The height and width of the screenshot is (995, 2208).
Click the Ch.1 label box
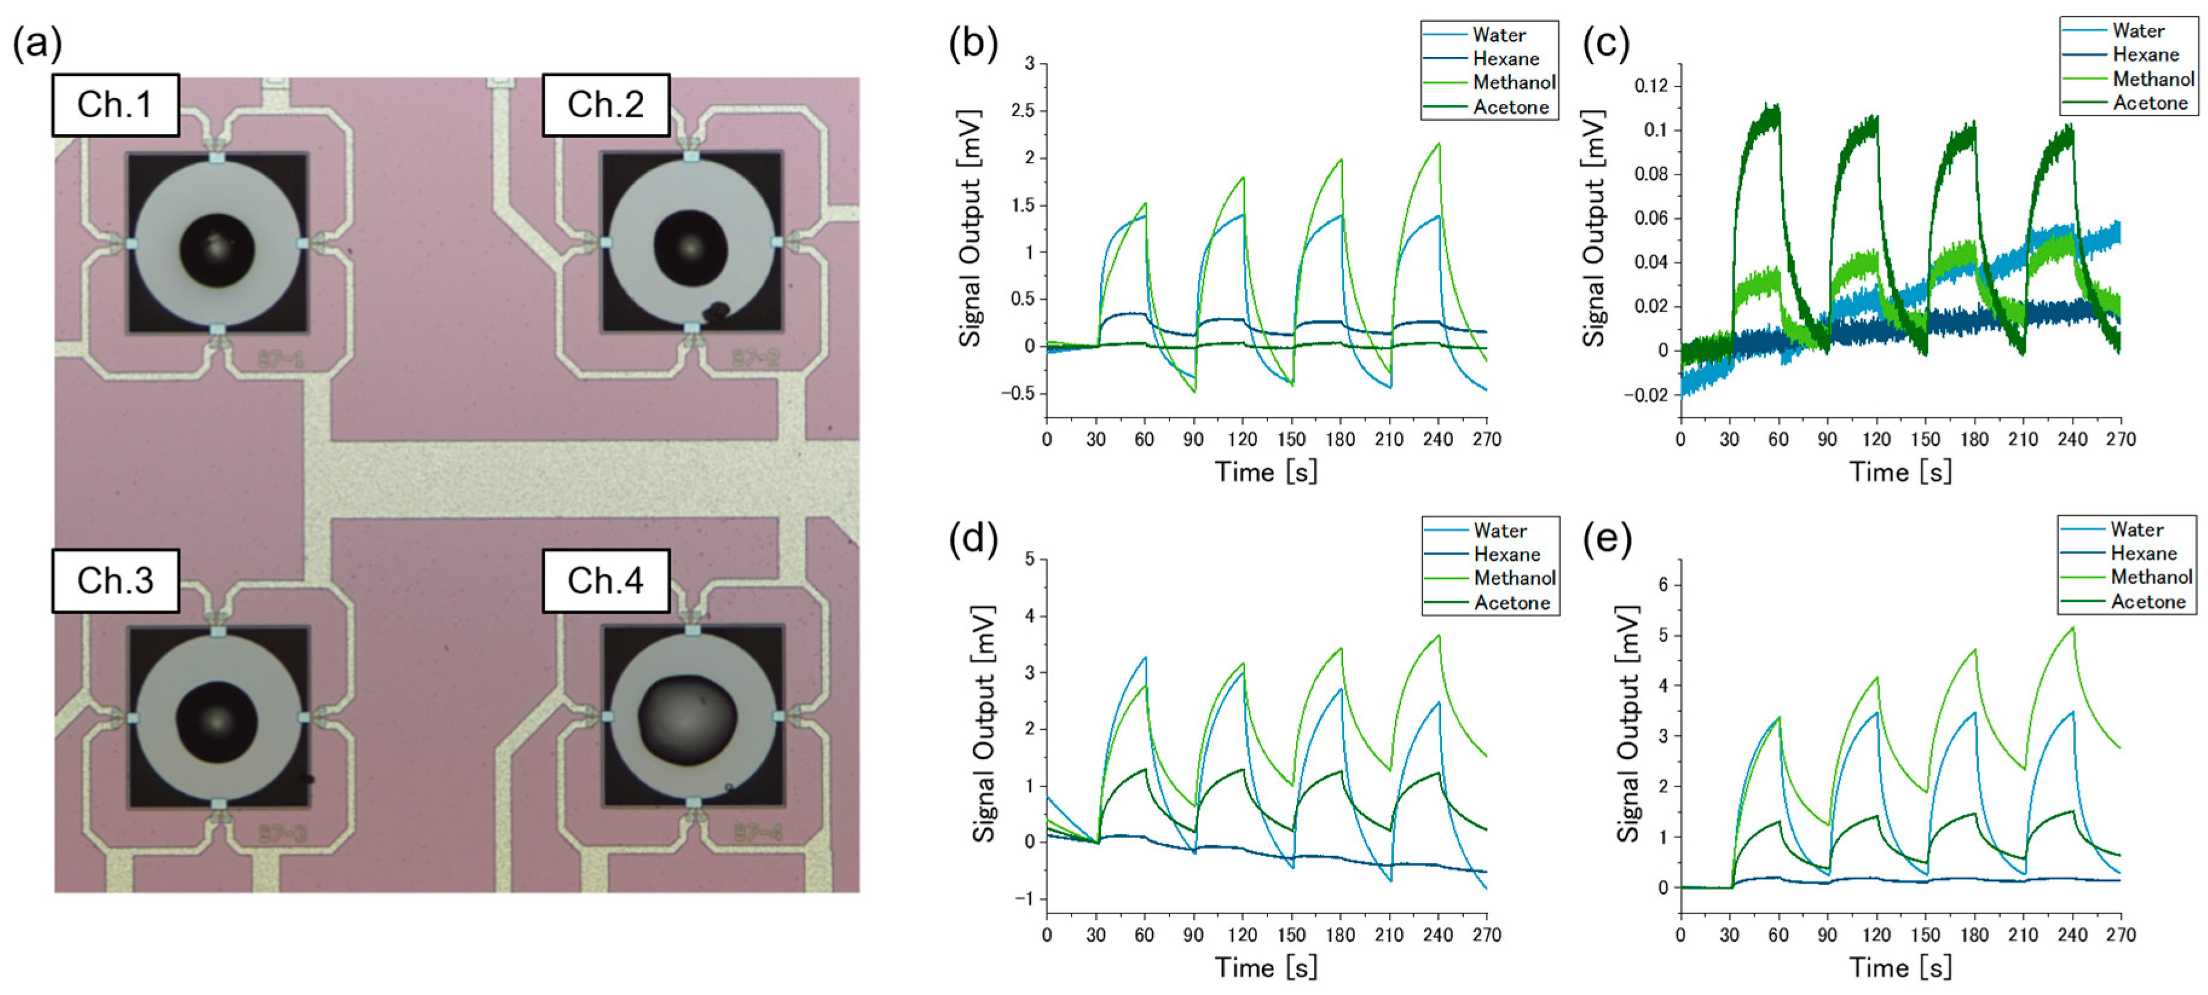tap(115, 105)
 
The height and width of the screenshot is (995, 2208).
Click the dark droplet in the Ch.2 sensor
tap(691, 247)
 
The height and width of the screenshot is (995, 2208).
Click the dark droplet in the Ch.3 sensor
tap(217, 721)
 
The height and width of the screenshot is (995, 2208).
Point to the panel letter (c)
tap(1605, 43)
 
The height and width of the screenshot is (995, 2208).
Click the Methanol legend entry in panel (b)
tap(1513, 82)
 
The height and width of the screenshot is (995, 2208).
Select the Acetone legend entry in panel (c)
tap(2150, 103)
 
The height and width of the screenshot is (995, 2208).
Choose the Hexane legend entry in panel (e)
tap(2143, 553)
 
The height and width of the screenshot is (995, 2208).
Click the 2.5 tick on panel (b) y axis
tap(1023, 111)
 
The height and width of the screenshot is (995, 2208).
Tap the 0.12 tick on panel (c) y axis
tap(1651, 86)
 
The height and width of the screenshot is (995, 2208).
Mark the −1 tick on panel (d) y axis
tap(1025, 898)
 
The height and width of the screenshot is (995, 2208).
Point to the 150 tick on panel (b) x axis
tap(1291, 440)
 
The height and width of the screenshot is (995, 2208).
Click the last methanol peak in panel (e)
tap(2073, 628)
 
